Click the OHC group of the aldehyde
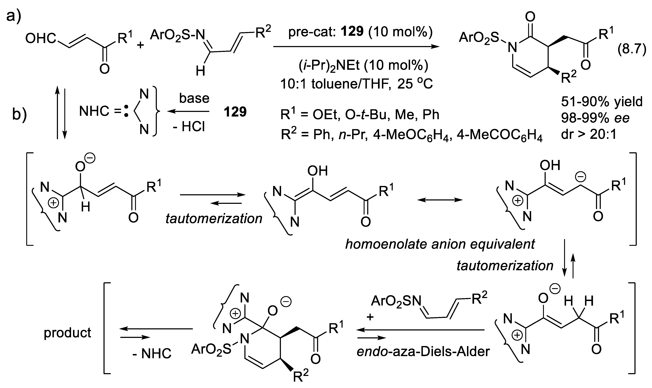(x=41, y=39)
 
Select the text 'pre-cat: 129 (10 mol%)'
(x=360, y=32)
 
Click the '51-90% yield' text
(x=601, y=101)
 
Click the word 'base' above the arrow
(x=194, y=98)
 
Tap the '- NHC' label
(x=152, y=354)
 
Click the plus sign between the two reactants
(x=141, y=45)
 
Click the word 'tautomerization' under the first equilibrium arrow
(x=214, y=218)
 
